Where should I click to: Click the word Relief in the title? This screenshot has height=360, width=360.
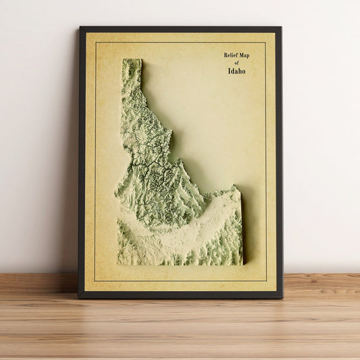(232, 55)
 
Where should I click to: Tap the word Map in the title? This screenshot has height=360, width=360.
(250, 55)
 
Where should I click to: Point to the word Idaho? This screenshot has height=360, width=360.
(236, 70)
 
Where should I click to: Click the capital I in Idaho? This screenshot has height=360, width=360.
(229, 70)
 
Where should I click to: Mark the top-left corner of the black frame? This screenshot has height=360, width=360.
(80, 27)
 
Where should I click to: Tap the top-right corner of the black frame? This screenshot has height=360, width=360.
(280, 28)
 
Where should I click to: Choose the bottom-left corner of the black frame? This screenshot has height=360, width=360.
(78, 297)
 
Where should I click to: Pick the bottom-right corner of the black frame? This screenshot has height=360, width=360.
(282, 297)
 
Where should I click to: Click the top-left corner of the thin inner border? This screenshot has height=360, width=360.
(96, 43)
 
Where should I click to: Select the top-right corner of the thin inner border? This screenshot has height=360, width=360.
(266, 43)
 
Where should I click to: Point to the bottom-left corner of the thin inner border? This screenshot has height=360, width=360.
(95, 281)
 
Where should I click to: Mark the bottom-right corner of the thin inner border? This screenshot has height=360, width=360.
(266, 281)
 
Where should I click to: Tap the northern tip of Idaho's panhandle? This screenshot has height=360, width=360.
(132, 60)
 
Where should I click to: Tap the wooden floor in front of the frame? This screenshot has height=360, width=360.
(180, 331)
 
